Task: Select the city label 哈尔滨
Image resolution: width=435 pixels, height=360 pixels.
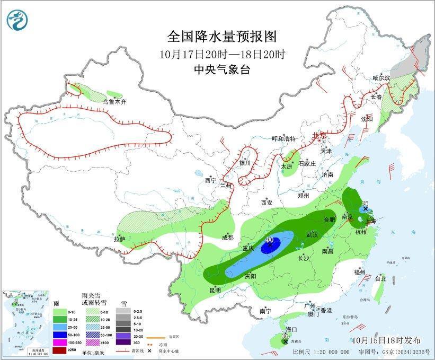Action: [380, 78]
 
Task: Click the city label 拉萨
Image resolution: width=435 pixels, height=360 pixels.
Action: [119, 239]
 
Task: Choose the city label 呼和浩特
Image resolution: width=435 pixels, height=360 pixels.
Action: [283, 138]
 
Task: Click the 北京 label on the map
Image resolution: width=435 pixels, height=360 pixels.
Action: [320, 135]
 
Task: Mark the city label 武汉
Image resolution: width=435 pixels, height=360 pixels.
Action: [313, 234]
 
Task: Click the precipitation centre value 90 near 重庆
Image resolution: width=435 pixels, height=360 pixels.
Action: [269, 240]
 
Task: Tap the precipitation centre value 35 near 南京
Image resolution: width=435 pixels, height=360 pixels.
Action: [365, 203]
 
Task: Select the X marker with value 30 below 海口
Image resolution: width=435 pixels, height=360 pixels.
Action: [286, 342]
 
